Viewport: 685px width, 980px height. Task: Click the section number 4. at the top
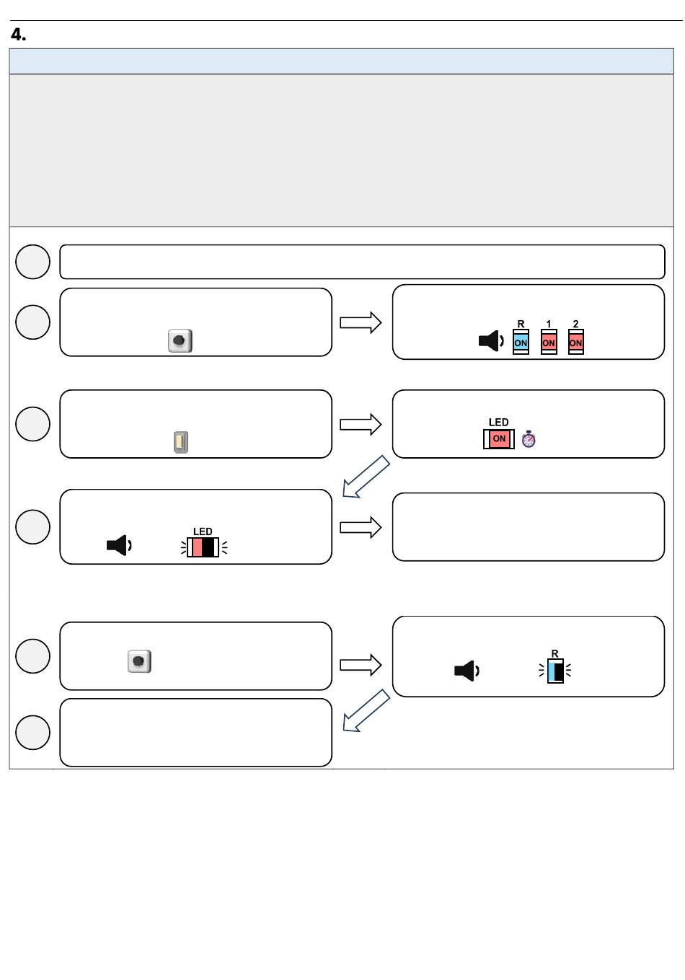click(x=18, y=35)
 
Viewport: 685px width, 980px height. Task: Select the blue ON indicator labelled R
click(x=521, y=342)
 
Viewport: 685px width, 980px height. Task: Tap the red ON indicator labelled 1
click(x=549, y=342)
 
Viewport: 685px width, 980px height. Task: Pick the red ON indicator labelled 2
click(x=575, y=342)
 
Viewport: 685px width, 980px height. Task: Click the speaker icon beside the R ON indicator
click(x=491, y=341)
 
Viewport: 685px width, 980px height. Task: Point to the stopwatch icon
click(x=529, y=439)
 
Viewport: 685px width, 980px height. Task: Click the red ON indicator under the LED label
click(x=499, y=439)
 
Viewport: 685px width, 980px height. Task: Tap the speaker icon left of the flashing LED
click(x=119, y=545)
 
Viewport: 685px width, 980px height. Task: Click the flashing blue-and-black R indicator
click(x=555, y=671)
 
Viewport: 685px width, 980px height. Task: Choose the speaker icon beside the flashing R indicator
click(x=467, y=671)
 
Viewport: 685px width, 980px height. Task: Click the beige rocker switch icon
click(x=181, y=442)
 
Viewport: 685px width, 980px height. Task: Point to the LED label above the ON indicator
click(x=499, y=422)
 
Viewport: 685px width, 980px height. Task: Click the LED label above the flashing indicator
click(x=203, y=531)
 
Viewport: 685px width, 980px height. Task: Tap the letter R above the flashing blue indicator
click(x=554, y=653)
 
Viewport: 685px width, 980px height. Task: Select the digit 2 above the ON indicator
click(x=575, y=324)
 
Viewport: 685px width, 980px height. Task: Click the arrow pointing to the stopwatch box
click(x=361, y=424)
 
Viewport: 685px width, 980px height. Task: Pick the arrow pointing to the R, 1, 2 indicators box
click(x=361, y=323)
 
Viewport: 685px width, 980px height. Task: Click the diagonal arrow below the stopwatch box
click(x=366, y=477)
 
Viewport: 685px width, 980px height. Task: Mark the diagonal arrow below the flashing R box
click(x=366, y=711)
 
